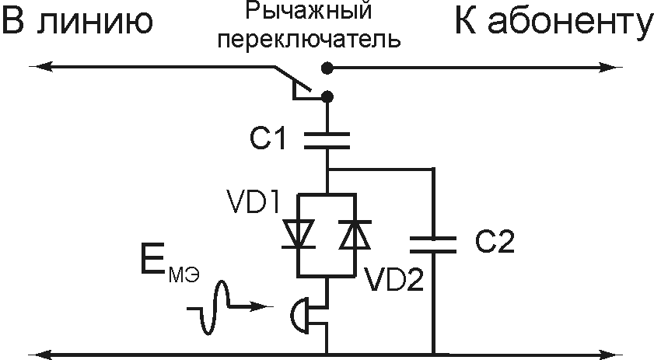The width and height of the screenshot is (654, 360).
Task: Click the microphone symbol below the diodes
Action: coord(299,315)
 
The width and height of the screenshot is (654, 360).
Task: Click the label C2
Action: coord(495,243)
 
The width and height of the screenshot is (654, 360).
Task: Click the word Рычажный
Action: coord(310,12)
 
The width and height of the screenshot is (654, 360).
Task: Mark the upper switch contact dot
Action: coord(328,68)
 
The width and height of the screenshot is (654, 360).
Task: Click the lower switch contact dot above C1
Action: coord(327,96)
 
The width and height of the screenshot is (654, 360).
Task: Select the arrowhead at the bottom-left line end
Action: coord(48,354)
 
